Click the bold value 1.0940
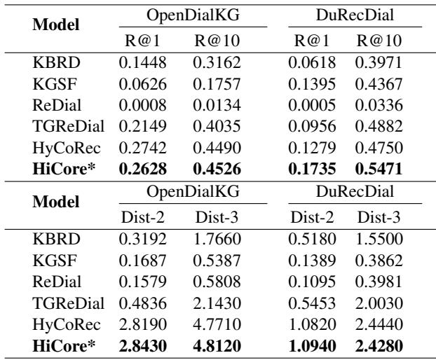314,345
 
